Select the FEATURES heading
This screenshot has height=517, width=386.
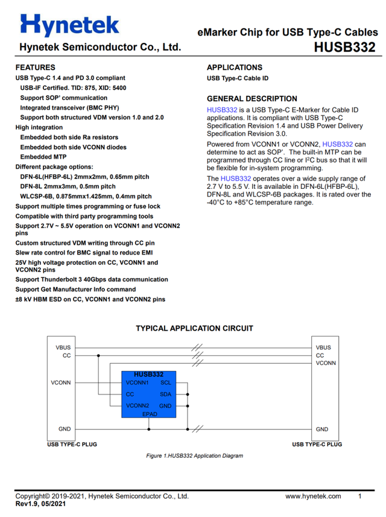(35, 68)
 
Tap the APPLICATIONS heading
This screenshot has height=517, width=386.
(235, 68)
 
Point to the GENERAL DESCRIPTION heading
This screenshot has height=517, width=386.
(252, 99)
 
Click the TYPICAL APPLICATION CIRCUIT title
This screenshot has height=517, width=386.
(194, 328)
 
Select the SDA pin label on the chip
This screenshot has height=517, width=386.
(166, 394)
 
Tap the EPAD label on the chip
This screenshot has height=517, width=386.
(150, 414)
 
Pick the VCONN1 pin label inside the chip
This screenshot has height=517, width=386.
(138, 382)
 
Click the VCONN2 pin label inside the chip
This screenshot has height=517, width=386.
(138, 405)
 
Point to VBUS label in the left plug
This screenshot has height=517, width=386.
(62, 347)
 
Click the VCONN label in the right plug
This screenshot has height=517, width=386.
(326, 363)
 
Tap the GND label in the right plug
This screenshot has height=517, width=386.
(323, 429)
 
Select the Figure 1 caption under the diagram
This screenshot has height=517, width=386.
(194, 455)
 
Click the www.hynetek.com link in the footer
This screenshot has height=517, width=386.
(313, 496)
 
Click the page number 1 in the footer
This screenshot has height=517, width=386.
(360, 496)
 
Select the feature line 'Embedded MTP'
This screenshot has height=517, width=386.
(43, 157)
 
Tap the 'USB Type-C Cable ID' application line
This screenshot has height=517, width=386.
(238, 78)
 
